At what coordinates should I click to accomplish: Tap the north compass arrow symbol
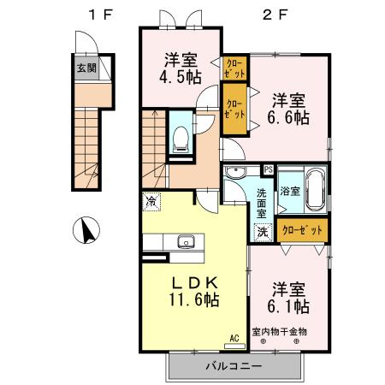(x=87, y=229)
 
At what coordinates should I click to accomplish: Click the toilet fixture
(x=181, y=137)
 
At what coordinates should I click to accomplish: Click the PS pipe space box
(x=269, y=169)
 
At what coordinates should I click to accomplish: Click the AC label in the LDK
(x=234, y=339)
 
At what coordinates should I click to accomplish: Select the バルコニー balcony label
(x=234, y=365)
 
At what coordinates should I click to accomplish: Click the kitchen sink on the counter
(x=186, y=241)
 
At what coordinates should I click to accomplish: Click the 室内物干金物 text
(x=279, y=331)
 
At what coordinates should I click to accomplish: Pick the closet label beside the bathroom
(x=302, y=229)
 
